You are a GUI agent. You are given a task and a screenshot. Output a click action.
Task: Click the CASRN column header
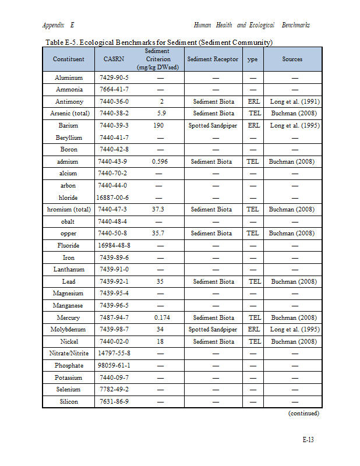point(114,59)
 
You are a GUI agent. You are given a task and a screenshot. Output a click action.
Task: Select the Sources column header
point(292,59)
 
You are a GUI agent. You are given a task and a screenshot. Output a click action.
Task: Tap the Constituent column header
point(69,59)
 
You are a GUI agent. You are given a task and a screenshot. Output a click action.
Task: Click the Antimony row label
point(69,101)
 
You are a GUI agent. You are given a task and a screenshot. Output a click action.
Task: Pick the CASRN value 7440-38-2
point(114,113)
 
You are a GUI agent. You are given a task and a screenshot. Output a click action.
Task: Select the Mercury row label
point(69,317)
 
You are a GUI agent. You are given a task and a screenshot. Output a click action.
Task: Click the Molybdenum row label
point(69,329)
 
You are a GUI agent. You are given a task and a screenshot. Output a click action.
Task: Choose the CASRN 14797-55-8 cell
point(114,353)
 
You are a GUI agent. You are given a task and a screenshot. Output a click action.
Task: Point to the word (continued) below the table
point(303,414)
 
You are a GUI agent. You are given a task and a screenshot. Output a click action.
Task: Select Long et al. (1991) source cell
point(295,101)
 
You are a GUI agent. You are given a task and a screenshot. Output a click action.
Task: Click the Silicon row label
point(69,401)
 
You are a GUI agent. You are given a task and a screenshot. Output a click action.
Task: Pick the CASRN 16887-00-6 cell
point(114,197)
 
